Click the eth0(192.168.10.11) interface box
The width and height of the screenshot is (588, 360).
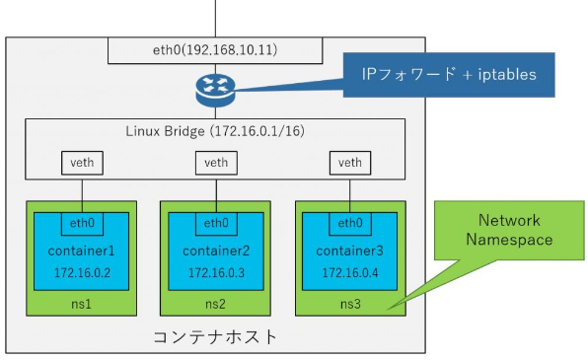click(x=214, y=49)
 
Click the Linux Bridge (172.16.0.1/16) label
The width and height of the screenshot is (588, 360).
click(x=214, y=130)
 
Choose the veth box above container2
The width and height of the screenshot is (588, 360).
click(x=214, y=161)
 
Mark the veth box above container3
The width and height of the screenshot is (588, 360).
click(x=349, y=161)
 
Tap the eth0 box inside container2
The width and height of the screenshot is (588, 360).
click(x=214, y=223)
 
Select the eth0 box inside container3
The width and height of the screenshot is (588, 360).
click(x=349, y=223)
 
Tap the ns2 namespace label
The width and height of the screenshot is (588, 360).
click(x=214, y=304)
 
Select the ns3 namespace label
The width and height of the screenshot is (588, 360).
click(x=349, y=304)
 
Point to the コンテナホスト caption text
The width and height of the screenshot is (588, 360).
click(x=214, y=337)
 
